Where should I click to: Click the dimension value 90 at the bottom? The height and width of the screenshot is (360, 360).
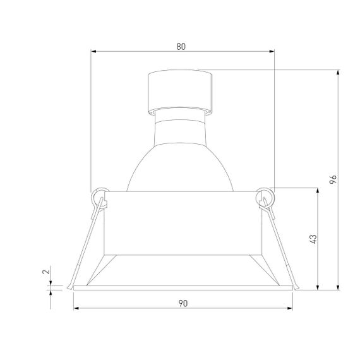click(183, 304)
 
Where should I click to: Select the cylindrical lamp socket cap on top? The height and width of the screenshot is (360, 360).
click(179, 89)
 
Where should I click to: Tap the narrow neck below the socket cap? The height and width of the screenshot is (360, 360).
click(180, 114)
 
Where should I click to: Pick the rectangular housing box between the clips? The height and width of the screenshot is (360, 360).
click(182, 221)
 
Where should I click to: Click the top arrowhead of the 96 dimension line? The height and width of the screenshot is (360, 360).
click(340, 72)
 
